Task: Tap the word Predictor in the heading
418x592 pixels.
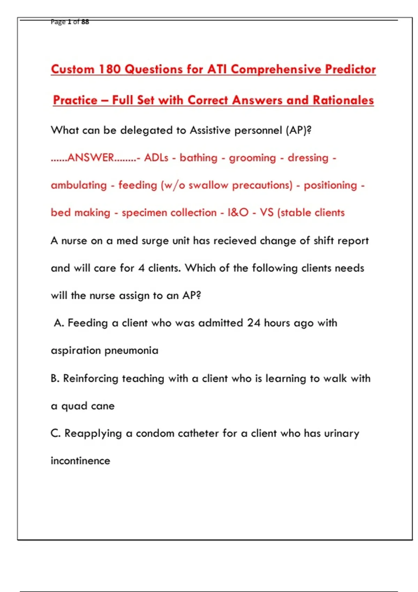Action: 350,69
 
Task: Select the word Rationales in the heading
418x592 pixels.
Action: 343,100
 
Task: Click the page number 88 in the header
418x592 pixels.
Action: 85,22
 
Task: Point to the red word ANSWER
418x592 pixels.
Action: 91,158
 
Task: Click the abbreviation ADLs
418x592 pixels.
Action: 156,158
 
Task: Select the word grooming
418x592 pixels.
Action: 252,158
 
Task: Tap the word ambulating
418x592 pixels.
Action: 79,185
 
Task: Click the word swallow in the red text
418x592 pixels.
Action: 208,185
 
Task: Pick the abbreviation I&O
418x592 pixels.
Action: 238,212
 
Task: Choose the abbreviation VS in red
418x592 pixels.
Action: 266,212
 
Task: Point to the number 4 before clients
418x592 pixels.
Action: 141,268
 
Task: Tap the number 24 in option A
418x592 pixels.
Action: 254,323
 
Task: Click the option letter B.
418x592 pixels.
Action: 54,378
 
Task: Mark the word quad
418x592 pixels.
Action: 74,406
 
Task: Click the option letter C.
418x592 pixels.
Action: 55,433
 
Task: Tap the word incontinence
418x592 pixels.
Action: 80,461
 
